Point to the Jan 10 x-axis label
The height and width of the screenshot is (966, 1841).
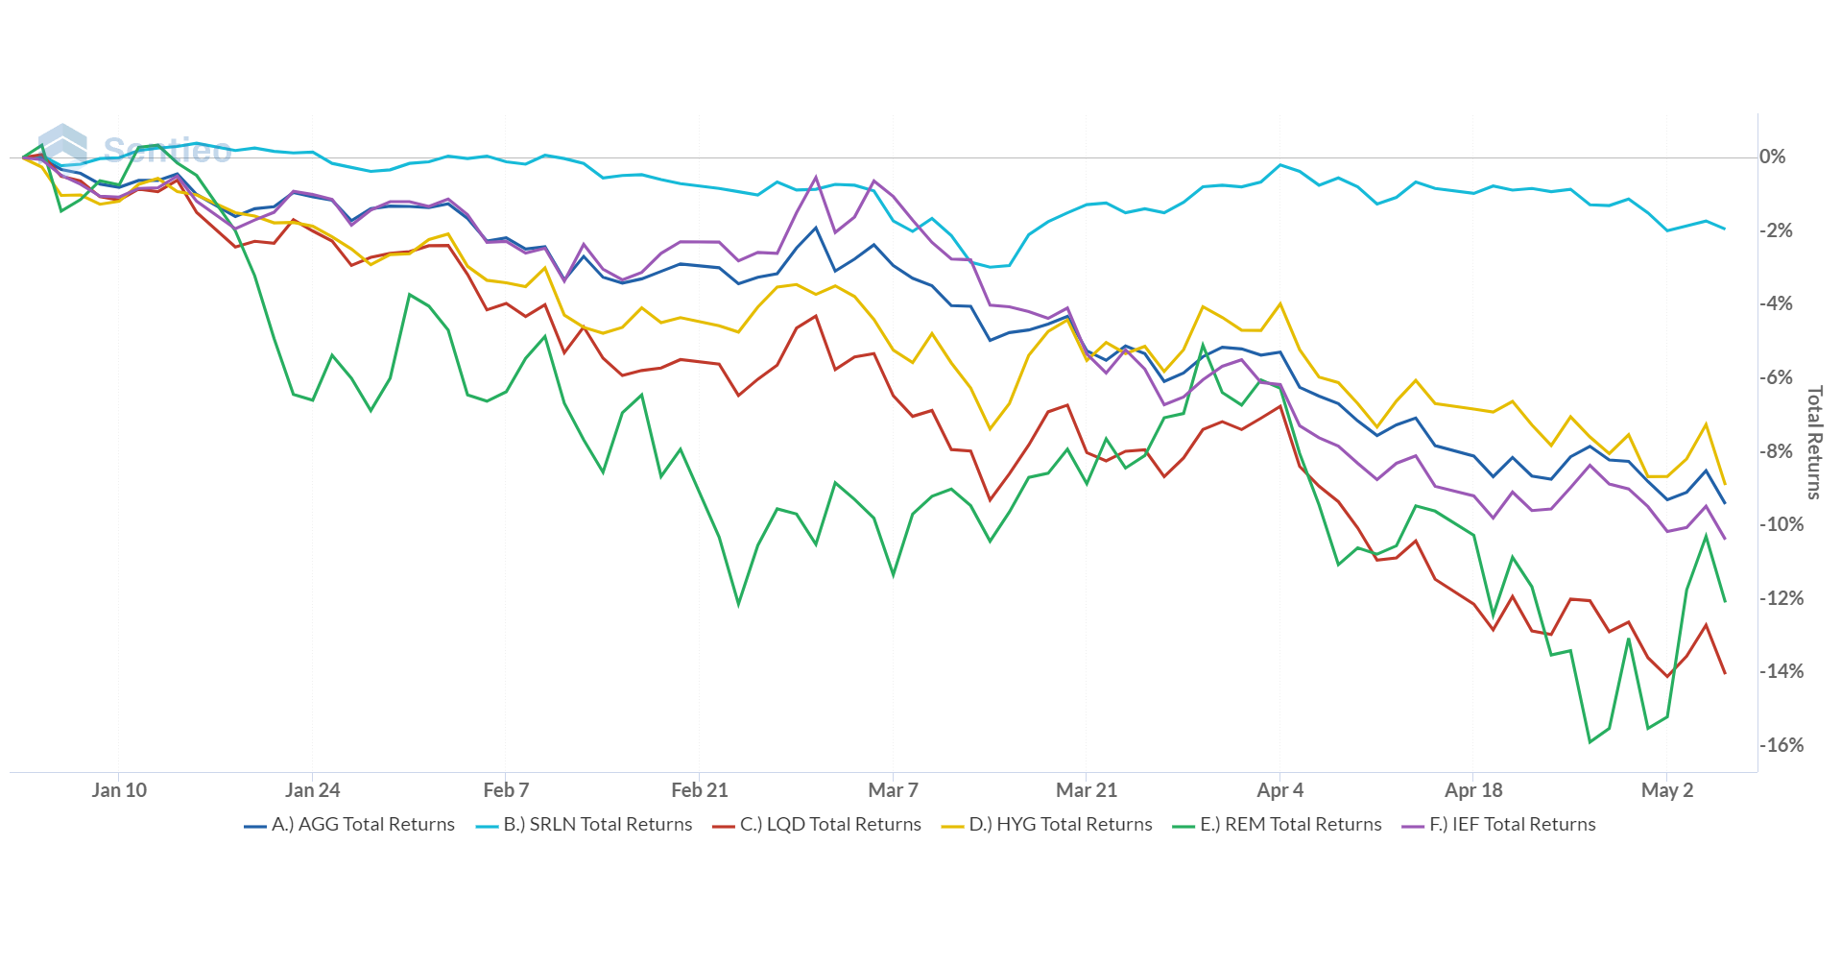tap(119, 790)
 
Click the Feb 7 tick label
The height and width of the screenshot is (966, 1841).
tap(506, 790)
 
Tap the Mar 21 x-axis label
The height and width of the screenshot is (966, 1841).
tap(1087, 790)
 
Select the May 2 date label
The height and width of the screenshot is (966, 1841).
tap(1667, 790)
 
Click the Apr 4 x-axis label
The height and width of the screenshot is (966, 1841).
tap(1280, 790)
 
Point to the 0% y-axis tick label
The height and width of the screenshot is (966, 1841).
tap(1773, 157)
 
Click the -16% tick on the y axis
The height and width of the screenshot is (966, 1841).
tap(1781, 745)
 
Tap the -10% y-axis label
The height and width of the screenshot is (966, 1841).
tap(1781, 524)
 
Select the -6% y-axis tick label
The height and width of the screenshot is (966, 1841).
tap(1777, 377)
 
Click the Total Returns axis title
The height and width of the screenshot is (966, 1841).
tap(1814, 443)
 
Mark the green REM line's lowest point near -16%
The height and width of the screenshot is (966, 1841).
tap(1590, 741)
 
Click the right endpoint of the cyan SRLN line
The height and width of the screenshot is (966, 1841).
tap(1725, 229)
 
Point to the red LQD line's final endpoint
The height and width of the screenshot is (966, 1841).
tap(1725, 673)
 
